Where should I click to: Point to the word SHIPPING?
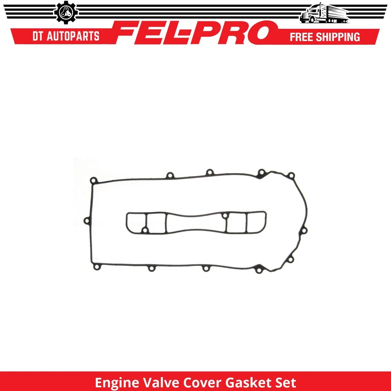(x=341, y=37)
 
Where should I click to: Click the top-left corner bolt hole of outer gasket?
(x=93, y=180)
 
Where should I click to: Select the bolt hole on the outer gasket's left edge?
(x=86, y=220)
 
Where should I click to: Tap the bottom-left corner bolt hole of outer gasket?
(x=96, y=267)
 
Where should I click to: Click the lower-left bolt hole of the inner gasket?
(x=144, y=231)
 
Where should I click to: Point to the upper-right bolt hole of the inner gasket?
(x=224, y=215)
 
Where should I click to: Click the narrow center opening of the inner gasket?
(x=195, y=223)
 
